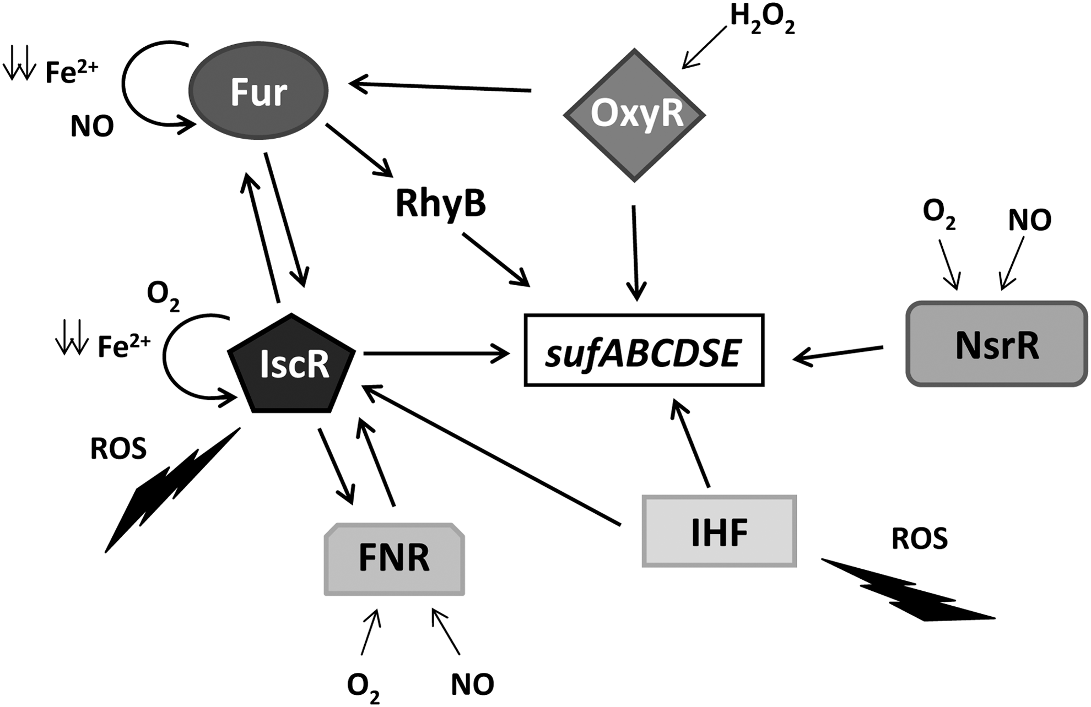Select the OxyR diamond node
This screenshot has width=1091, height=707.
tap(635, 115)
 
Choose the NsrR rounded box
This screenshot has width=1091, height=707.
tap(997, 344)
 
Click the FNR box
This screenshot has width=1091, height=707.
tap(395, 559)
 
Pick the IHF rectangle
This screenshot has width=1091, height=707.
tap(719, 531)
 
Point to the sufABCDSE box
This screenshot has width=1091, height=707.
tap(644, 350)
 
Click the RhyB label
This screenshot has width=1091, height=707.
tap(441, 204)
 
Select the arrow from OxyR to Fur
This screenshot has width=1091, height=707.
tap(440, 86)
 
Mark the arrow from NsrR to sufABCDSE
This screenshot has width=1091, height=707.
tap(838, 354)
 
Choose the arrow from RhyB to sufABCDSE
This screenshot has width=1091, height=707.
tap(496, 259)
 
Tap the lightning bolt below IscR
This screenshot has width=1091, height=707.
tap(172, 490)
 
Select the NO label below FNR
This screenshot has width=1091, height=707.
tap(472, 684)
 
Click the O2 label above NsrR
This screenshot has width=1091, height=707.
tap(939, 213)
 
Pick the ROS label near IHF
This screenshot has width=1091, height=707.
tap(920, 539)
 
